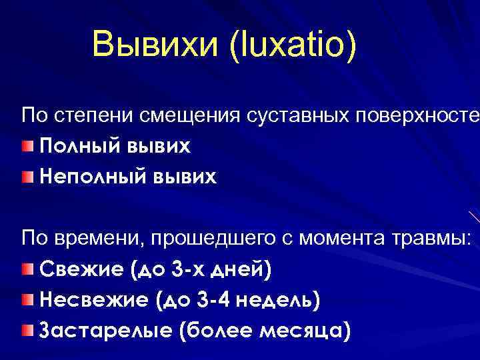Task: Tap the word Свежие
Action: coord(83,270)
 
